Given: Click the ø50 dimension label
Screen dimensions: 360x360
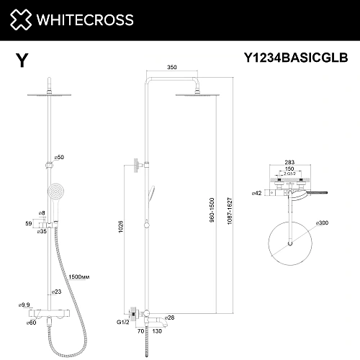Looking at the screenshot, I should click(x=59, y=156).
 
